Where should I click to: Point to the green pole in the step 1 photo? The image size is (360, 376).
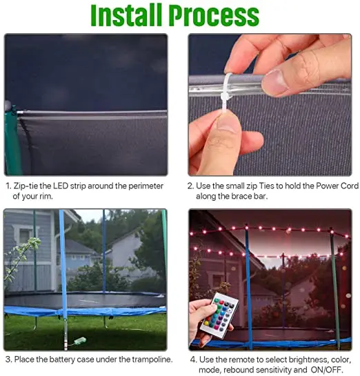click(11, 138)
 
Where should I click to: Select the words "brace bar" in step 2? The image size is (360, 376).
click(247, 196)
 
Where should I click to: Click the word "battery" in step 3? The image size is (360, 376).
click(60, 359)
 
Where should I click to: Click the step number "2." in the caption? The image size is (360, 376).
click(192, 186)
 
